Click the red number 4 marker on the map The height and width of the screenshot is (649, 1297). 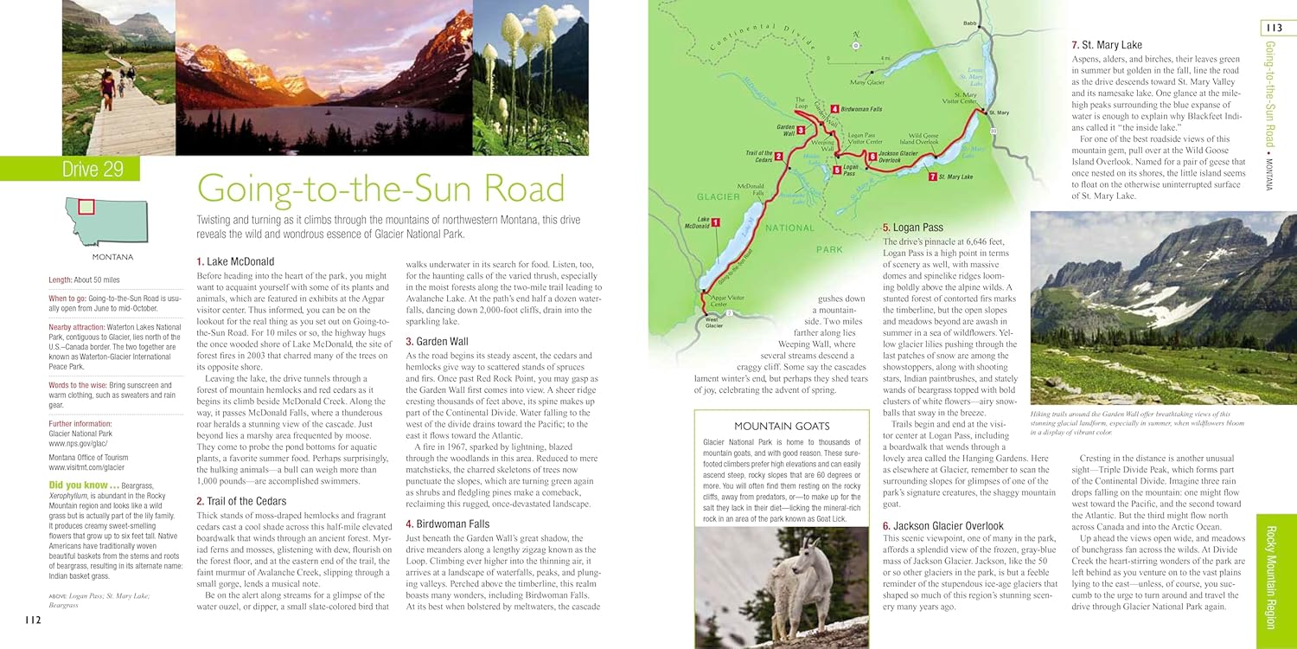[x=834, y=109]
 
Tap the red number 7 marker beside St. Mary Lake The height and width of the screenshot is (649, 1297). [x=932, y=177]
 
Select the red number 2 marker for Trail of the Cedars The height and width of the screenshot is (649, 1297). [x=779, y=157]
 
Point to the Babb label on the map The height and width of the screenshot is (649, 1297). [x=969, y=23]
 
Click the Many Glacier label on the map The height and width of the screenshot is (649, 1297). [x=867, y=83]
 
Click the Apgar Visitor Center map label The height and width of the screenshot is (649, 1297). [x=726, y=300]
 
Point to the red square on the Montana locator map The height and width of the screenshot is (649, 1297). [x=86, y=206]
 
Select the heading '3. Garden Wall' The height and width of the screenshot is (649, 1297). [x=438, y=341]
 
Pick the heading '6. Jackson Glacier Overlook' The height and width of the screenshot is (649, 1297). [x=942, y=525]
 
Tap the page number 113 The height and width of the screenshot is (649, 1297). [x=1273, y=29]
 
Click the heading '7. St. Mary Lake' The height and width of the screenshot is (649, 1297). [x=1106, y=45]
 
